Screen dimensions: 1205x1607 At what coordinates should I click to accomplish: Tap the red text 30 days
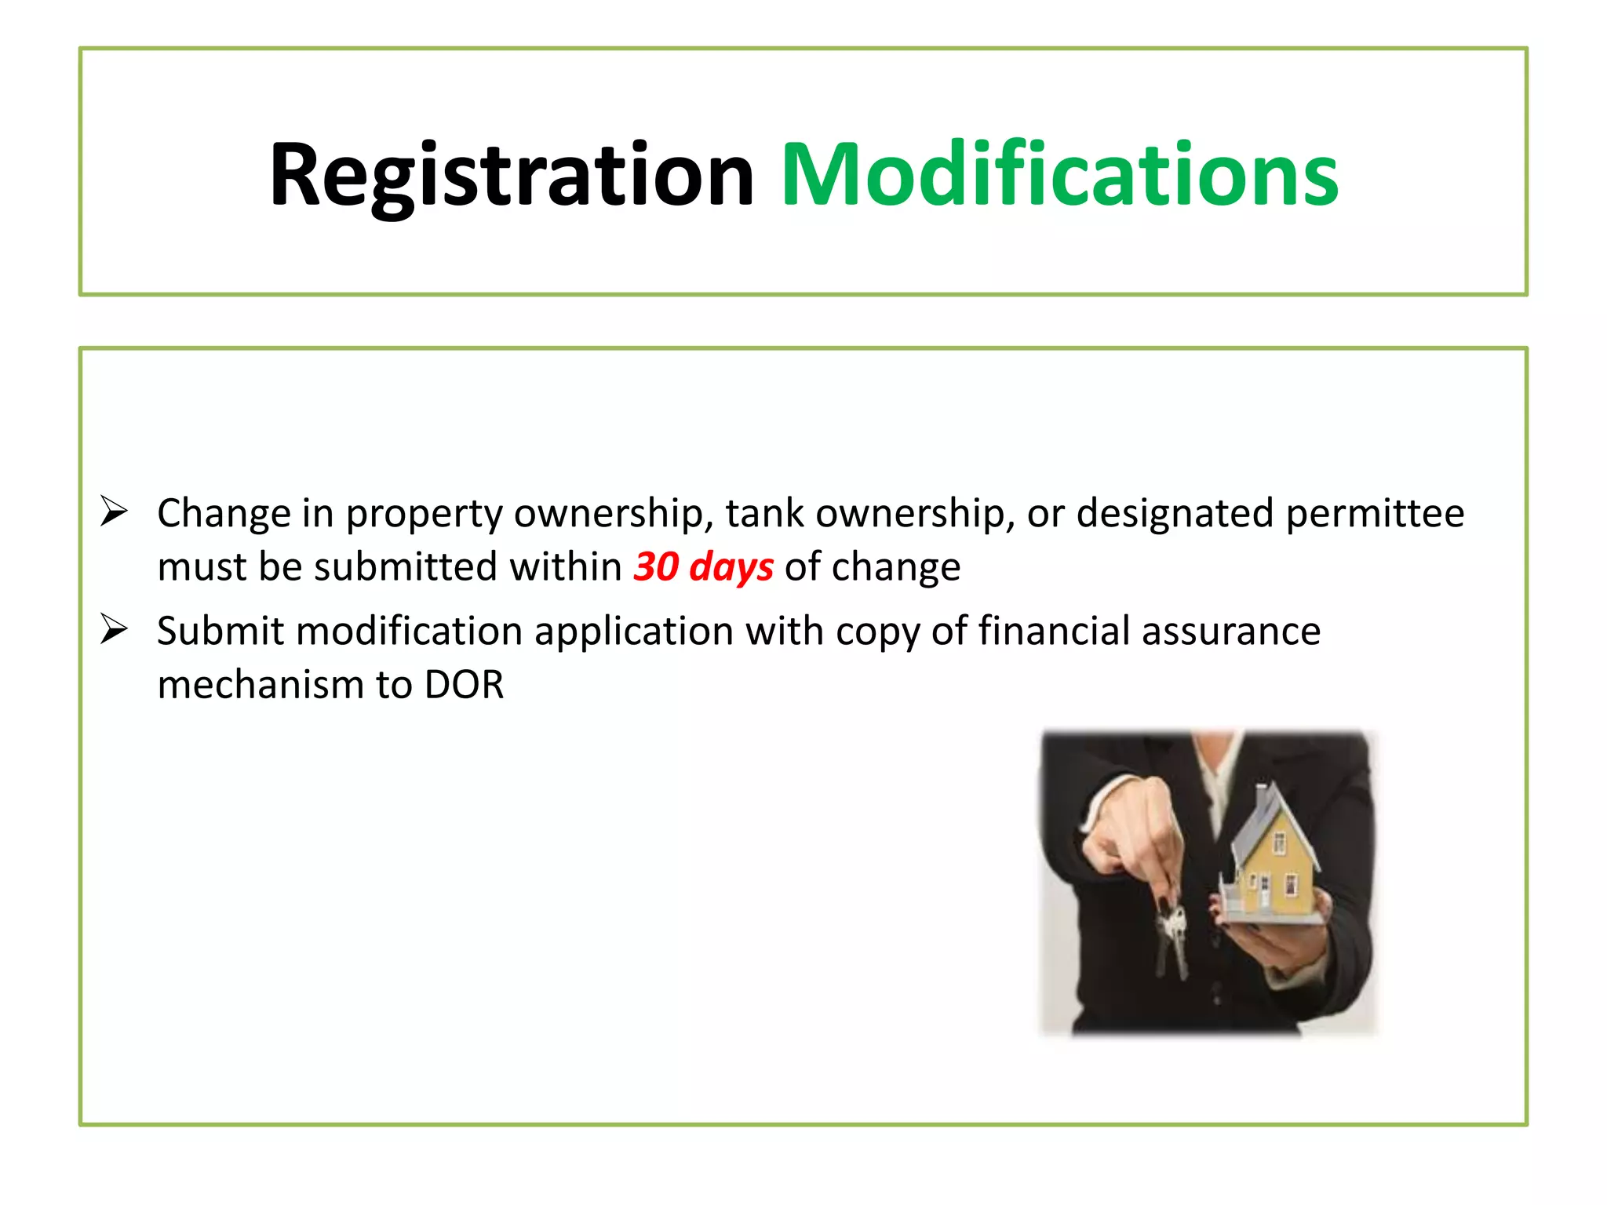click(703, 566)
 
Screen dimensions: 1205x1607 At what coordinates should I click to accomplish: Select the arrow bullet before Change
click(114, 512)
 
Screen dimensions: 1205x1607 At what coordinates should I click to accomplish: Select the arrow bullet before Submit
click(114, 629)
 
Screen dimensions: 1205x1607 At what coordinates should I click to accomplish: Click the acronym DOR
click(464, 684)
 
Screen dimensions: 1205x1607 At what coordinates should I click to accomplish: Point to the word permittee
click(1375, 514)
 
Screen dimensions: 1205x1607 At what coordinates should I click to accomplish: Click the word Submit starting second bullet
click(220, 631)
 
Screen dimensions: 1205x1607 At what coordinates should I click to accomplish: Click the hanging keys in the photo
click(1170, 937)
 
